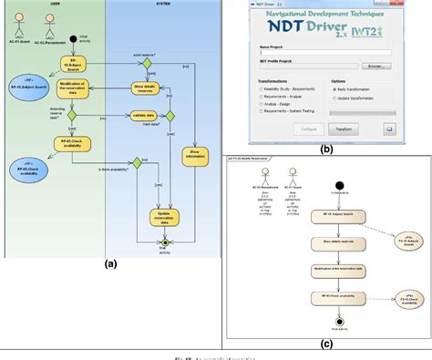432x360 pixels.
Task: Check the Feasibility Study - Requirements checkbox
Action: click(x=262, y=89)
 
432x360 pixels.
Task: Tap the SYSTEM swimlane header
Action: click(x=164, y=5)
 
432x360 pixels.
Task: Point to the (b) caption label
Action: click(x=326, y=147)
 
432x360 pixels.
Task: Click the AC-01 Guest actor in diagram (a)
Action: click(x=19, y=32)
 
